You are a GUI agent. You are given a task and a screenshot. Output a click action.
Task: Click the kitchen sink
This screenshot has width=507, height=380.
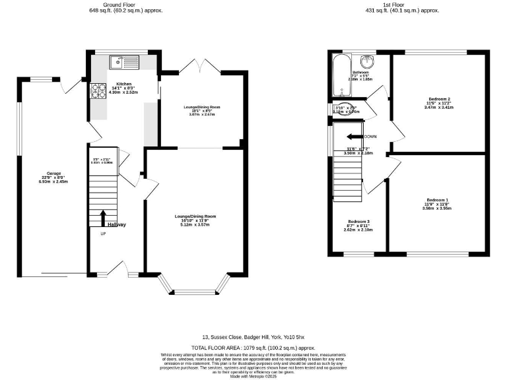click(x=123, y=63)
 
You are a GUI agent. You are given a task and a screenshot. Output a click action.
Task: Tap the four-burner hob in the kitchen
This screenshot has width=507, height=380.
click(x=98, y=90)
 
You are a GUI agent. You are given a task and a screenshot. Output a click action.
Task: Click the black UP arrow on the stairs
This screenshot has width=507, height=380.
click(x=103, y=218)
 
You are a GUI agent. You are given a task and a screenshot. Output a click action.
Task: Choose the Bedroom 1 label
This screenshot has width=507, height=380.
click(x=437, y=199)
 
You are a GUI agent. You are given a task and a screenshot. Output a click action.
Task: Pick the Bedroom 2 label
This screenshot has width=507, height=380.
click(x=439, y=99)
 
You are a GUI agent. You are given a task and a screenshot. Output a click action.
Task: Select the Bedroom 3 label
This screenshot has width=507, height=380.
click(x=358, y=222)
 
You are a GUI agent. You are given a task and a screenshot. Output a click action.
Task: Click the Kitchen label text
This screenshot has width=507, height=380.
click(x=123, y=84)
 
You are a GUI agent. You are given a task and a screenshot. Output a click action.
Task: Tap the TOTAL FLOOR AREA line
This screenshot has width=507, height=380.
click(x=253, y=347)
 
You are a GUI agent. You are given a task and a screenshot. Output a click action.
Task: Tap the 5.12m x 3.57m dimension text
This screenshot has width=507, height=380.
click(x=195, y=224)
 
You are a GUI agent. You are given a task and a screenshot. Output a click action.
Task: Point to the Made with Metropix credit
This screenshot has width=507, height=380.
click(x=253, y=376)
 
